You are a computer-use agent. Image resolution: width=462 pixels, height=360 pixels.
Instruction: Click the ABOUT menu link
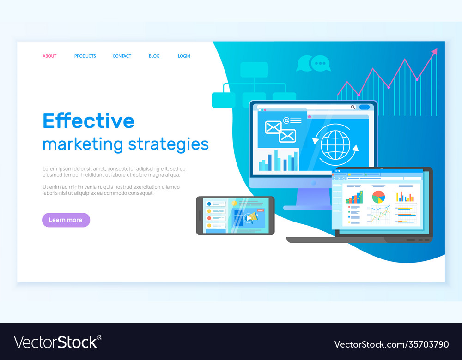tap(49, 56)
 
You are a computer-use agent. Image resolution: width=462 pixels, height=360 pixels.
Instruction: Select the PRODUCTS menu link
tap(85, 56)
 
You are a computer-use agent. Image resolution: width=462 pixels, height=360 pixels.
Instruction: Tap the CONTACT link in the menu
tap(122, 56)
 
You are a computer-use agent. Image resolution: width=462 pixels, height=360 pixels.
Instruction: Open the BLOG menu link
tap(154, 56)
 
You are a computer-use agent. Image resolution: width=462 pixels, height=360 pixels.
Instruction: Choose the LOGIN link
tap(184, 56)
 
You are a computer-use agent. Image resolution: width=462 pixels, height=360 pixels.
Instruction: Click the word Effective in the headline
tap(88, 121)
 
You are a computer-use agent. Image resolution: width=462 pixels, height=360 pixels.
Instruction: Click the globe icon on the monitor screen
tap(335, 145)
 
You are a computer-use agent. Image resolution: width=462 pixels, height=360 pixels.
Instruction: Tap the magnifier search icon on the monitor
tap(353, 107)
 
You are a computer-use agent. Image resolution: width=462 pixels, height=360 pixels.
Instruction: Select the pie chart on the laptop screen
tap(378, 197)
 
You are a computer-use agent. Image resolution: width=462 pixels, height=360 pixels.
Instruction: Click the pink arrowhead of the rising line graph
tap(434, 52)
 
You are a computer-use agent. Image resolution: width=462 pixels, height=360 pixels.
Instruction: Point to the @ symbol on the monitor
tap(286, 120)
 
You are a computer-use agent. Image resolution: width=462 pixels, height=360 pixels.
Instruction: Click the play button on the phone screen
tap(249, 218)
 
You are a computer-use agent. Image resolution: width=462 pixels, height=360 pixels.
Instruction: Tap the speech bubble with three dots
tap(320, 63)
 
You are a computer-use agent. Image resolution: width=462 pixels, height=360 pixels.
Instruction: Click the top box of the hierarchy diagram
tap(254, 69)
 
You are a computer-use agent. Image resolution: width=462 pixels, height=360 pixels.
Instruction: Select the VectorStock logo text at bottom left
tap(57, 342)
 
